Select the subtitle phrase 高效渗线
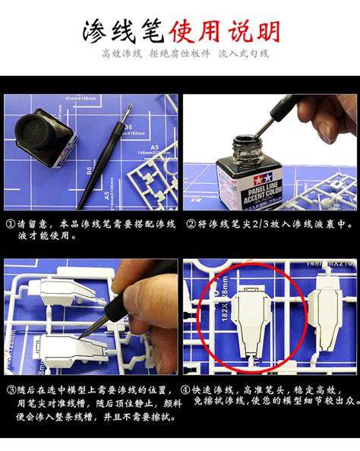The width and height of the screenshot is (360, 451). point(122,55)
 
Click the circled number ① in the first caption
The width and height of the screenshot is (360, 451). point(11,225)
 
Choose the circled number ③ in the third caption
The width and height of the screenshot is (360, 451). point(11,391)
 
